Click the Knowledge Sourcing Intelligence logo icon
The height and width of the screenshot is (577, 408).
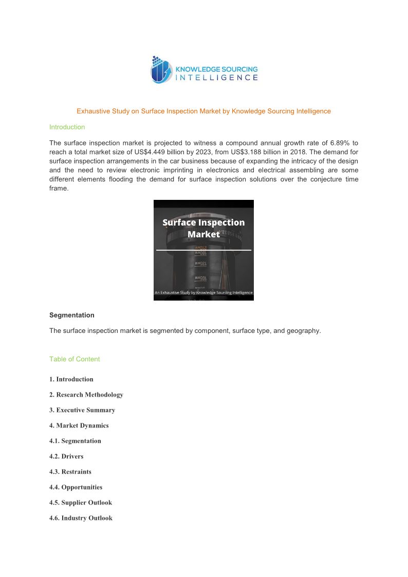click(x=161, y=70)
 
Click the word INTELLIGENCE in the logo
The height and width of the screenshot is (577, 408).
click(x=217, y=78)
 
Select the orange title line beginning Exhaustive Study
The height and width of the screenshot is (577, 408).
click(x=203, y=111)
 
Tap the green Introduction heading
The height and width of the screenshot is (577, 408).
click(x=67, y=127)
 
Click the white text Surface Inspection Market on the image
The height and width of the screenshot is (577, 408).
click(x=203, y=228)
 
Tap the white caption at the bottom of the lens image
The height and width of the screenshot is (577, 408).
click(x=203, y=292)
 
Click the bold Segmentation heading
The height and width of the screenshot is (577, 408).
click(x=71, y=315)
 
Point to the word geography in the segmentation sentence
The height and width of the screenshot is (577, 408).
click(x=302, y=331)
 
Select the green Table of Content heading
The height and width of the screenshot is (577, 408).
click(x=75, y=359)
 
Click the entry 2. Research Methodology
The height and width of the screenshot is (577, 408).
click(x=86, y=395)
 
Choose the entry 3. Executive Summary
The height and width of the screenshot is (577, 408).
click(x=82, y=410)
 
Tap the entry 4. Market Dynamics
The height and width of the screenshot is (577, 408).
click(x=79, y=425)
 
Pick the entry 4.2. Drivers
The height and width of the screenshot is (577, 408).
click(x=66, y=456)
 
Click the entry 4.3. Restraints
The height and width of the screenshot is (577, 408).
click(x=70, y=472)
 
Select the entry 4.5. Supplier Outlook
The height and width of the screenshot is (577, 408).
click(x=81, y=502)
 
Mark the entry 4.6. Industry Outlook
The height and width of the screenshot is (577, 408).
click(x=81, y=518)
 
